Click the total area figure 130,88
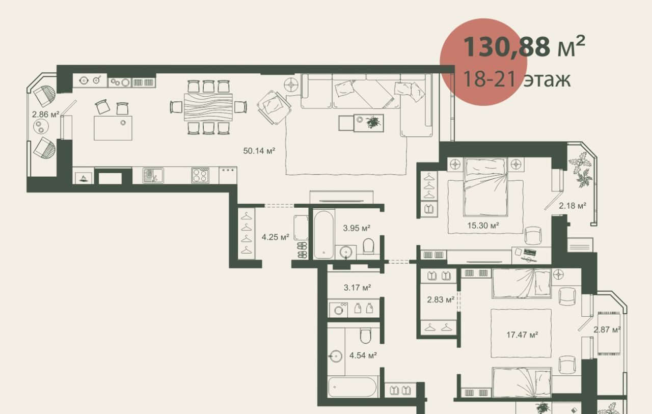point(506,47)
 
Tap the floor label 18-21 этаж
point(517,79)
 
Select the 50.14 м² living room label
point(259,151)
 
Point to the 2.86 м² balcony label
point(46,115)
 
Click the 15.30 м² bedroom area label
point(483,225)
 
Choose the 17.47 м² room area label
point(522,335)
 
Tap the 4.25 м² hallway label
point(276,237)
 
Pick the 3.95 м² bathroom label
point(357,228)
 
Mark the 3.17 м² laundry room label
point(357,288)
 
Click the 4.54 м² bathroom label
point(363,355)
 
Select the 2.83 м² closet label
point(441,299)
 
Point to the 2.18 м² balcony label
point(572,206)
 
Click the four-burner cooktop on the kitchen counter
point(200,176)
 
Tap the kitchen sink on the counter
point(153,176)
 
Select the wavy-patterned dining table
point(208,107)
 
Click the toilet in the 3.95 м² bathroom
point(368,246)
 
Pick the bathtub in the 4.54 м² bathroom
point(352,387)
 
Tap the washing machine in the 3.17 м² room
point(339,310)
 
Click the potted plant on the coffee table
point(373,122)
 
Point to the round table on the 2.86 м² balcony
point(41,127)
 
